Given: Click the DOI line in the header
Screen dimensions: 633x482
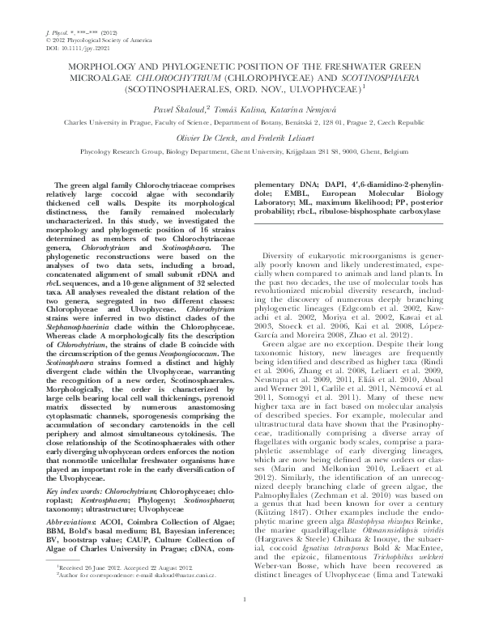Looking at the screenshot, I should point(71,45).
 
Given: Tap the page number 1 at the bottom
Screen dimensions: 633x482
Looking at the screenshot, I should point(241,621).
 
